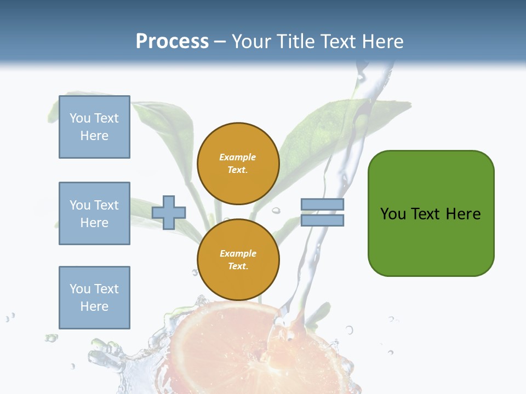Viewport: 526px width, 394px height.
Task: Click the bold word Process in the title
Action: point(172,42)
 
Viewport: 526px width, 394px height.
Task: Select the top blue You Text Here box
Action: point(94,127)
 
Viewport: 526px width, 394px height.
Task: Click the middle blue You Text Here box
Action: point(94,213)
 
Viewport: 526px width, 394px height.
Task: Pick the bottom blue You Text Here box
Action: point(94,298)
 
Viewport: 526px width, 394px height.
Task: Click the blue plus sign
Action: point(169,212)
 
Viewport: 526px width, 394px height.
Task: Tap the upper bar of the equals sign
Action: point(322,204)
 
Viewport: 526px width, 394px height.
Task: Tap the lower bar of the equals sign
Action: point(322,221)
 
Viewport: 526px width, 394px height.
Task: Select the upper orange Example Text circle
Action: point(238,164)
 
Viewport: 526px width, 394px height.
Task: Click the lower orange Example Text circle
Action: point(238,260)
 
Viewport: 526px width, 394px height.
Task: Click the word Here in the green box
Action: point(463,214)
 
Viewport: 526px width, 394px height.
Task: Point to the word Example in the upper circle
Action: point(237,158)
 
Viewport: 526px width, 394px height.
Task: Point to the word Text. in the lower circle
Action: point(238,266)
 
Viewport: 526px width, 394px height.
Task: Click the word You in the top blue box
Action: point(80,118)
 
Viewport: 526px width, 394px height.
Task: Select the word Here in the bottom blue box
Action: point(94,306)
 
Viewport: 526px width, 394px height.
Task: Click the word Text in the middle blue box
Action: point(106,205)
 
